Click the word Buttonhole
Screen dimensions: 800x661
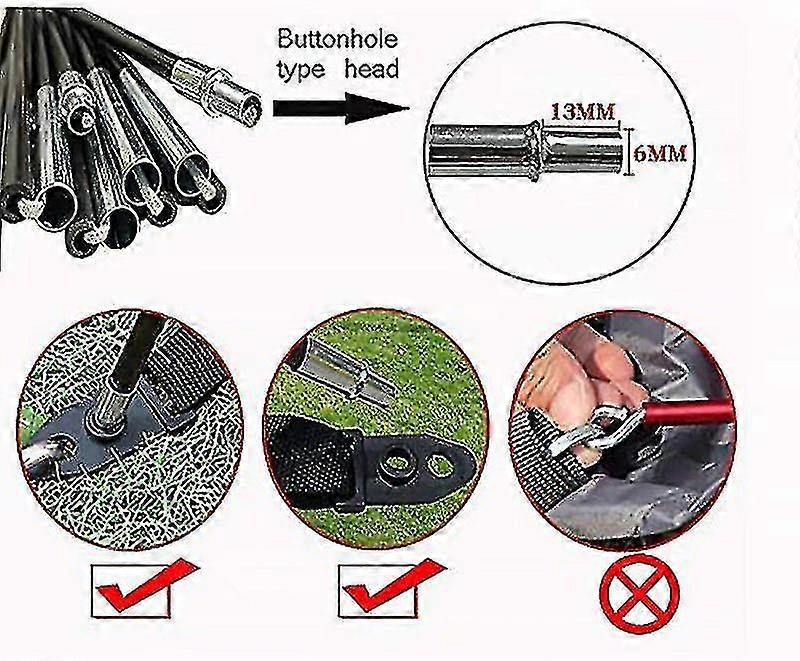pyautogui.click(x=337, y=40)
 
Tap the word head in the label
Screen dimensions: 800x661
pyautogui.click(x=371, y=69)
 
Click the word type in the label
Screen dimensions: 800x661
pyautogui.click(x=301, y=70)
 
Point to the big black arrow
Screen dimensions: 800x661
pyautogui.click(x=341, y=108)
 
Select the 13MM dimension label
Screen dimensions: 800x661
pyautogui.click(x=583, y=112)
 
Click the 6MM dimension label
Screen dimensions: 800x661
pyautogui.click(x=661, y=153)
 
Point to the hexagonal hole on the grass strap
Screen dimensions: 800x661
pyautogui.click(x=439, y=464)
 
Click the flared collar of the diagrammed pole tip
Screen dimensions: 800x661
pyautogui.click(x=535, y=150)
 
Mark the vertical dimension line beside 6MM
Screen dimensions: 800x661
pyautogui.click(x=633, y=151)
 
